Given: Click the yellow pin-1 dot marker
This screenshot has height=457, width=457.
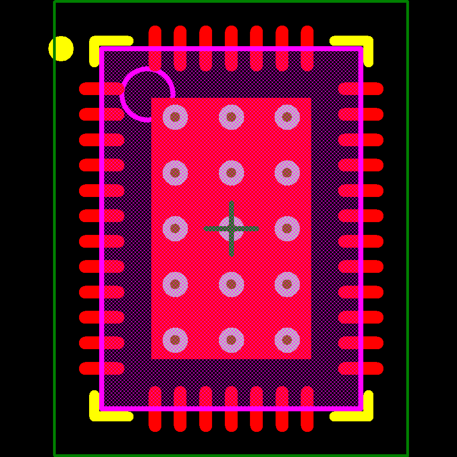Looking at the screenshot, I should [61, 48].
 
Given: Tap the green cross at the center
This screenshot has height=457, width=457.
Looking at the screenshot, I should [231, 228].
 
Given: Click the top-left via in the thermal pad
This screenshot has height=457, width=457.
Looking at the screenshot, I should [175, 117].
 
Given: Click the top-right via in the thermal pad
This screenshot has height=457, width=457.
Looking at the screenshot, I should [287, 117].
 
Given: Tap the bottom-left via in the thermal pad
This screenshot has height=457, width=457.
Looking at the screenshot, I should [175, 340].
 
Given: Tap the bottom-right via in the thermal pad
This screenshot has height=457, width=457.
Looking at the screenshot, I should [287, 340].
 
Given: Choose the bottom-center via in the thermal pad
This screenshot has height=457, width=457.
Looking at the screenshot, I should [231, 340].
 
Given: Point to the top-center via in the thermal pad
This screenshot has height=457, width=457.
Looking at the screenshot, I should [231, 117].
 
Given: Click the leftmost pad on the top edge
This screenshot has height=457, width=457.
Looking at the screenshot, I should [155, 48].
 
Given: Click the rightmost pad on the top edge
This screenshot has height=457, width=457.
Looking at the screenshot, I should [307, 48].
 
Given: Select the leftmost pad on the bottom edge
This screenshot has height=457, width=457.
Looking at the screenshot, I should [155, 409].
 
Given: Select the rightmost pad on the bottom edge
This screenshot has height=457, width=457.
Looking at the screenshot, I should [307, 409].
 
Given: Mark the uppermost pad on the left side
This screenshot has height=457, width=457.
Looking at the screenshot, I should [101, 89].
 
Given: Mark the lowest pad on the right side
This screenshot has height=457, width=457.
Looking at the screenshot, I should [361, 368].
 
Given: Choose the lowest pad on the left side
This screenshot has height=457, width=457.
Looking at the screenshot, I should [101, 368].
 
